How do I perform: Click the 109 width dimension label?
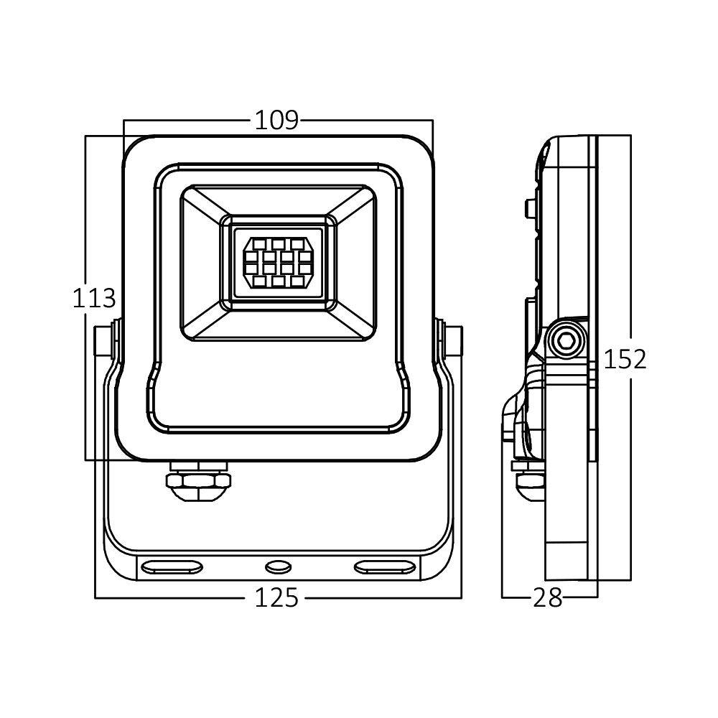(x=276, y=120)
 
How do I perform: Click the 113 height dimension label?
(x=93, y=298)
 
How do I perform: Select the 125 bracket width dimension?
(x=276, y=597)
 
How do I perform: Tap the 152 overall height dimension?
(x=625, y=359)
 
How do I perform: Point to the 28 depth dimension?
(x=548, y=597)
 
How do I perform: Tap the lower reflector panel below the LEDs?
(x=278, y=325)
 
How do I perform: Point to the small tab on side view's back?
(x=530, y=208)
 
